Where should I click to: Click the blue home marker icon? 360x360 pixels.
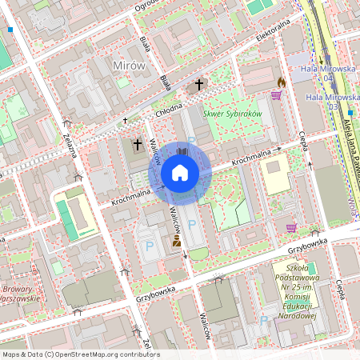pos(180,173)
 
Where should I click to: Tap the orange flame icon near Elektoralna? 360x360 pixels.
pos(281,82)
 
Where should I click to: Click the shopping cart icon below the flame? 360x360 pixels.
pos(276,95)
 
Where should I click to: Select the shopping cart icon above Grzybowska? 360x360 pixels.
pos(291,227)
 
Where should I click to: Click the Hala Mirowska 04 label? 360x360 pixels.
pos(327,73)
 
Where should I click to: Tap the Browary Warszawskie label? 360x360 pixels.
pos(21,293)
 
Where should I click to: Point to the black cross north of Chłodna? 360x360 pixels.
pos(198,83)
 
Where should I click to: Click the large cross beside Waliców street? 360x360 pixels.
pos(138,145)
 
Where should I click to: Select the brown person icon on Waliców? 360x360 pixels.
pos(175,240)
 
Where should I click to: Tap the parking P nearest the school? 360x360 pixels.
pos(264,320)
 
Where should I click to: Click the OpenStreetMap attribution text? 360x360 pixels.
pos(80,354)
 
